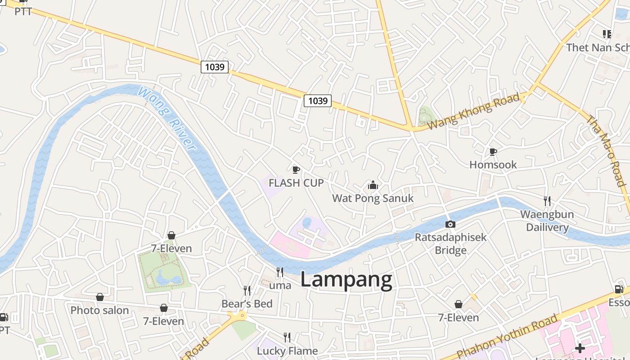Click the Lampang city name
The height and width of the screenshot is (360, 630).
tap(346, 280)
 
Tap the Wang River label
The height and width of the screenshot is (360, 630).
tap(167, 118)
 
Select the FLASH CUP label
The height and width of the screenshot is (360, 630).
tap(296, 183)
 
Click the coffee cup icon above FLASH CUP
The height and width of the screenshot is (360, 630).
tap(296, 170)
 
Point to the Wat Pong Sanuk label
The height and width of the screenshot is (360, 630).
tap(373, 198)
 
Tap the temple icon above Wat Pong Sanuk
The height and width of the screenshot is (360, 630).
tap(373, 185)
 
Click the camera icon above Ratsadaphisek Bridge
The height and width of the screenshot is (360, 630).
tap(450, 225)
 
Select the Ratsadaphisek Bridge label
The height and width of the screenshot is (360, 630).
tap(450, 243)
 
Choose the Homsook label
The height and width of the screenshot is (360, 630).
tap(493, 165)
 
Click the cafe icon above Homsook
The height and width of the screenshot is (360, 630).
tap(493, 152)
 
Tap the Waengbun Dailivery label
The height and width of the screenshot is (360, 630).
tap(547, 220)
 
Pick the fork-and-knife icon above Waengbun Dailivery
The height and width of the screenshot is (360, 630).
tap(547, 201)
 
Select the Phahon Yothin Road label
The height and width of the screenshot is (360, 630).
tap(507, 337)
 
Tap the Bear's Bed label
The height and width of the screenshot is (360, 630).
tap(247, 304)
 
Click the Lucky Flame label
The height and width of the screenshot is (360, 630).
tap(287, 351)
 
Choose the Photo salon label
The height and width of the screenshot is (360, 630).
tap(99, 310)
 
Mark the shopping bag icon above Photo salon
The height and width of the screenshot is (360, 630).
tap(100, 297)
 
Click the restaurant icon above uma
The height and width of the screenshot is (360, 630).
tap(280, 272)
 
